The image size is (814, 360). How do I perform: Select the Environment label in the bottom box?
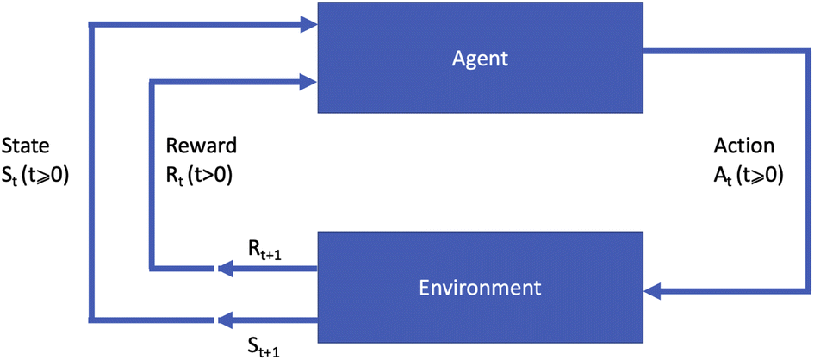480,286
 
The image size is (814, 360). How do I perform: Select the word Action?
745,145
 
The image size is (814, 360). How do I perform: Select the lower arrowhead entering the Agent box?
308,82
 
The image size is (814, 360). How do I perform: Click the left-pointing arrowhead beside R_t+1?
226,270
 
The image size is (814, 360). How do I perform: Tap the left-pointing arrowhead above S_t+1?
226,320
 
